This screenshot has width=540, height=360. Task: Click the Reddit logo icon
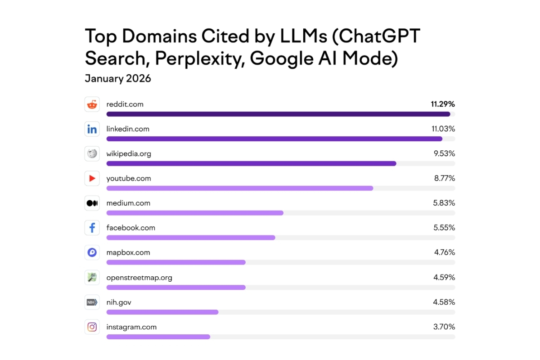[x=92, y=104]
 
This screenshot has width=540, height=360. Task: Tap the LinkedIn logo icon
[x=92, y=129]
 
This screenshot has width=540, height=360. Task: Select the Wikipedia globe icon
[x=92, y=154]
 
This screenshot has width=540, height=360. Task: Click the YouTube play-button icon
[x=92, y=179]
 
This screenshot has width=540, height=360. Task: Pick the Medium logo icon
[x=92, y=203]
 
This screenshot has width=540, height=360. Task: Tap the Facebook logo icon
[x=92, y=228]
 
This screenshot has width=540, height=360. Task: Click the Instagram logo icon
[x=92, y=327]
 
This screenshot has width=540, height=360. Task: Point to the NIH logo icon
[x=92, y=302]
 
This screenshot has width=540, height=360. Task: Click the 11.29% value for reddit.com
[x=443, y=104]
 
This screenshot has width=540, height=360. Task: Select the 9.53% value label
[x=444, y=154]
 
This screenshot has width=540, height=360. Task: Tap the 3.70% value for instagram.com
[x=444, y=327]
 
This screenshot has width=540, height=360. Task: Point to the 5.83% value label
[x=444, y=203]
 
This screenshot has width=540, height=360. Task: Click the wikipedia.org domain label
[x=129, y=154]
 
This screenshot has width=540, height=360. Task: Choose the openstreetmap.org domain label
[x=139, y=278]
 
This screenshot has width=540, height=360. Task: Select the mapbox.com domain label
[x=128, y=253]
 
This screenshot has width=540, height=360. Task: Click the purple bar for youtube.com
[x=239, y=188]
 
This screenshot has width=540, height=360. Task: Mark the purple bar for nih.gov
[x=162, y=312]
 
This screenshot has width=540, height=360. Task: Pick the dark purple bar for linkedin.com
[x=274, y=139]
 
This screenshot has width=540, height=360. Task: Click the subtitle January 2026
[x=118, y=79]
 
